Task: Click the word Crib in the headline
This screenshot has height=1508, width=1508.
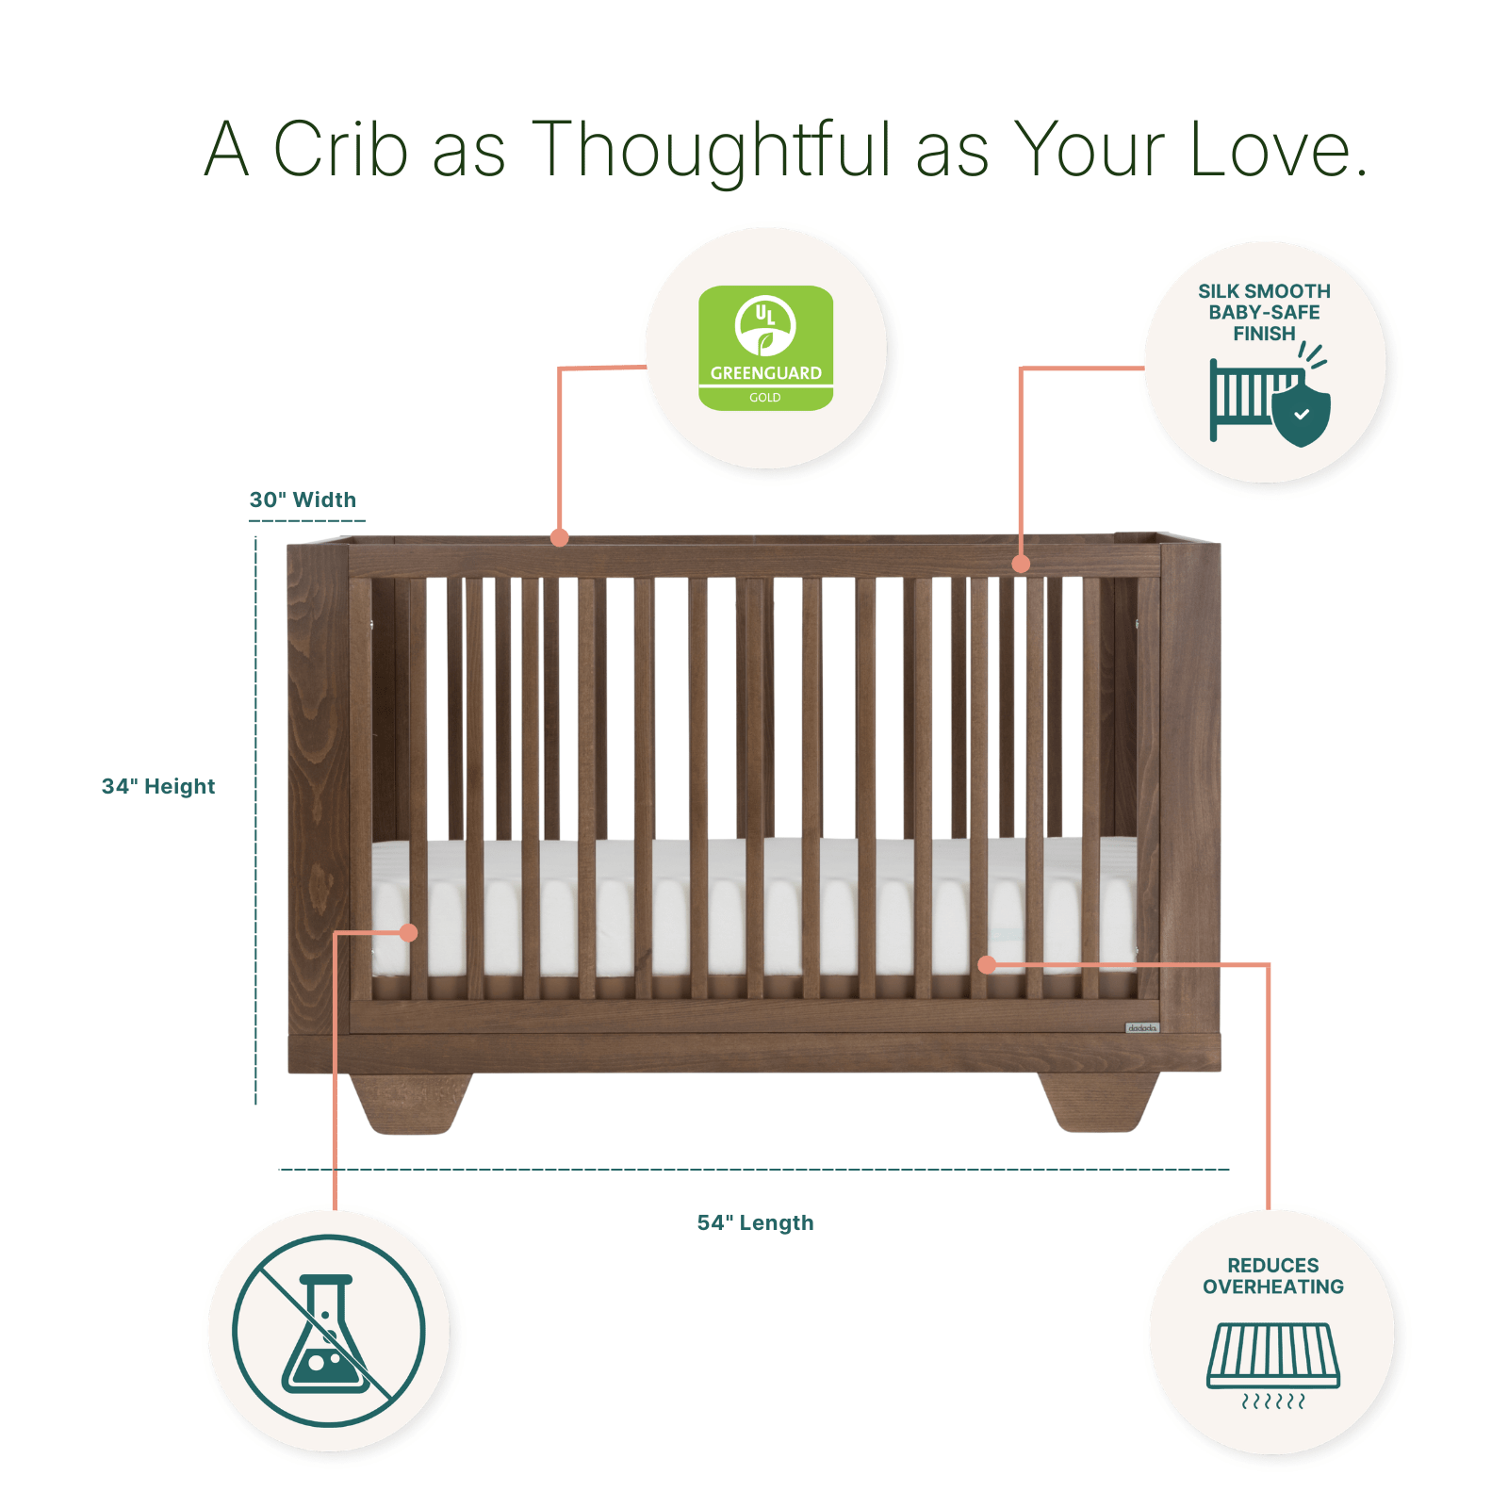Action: [x=340, y=149]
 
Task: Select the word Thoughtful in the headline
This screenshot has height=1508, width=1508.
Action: [x=711, y=149]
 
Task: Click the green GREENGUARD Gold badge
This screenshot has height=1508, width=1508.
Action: [x=765, y=348]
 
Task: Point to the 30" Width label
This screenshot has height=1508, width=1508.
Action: [x=303, y=500]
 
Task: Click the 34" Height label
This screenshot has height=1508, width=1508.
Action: [x=158, y=786]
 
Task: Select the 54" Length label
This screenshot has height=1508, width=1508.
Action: [x=755, y=1222]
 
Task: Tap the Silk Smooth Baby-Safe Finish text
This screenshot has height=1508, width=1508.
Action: [x=1264, y=312]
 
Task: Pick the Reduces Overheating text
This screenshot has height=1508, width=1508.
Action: [x=1272, y=1276]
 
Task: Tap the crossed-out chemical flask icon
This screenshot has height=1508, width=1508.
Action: [x=329, y=1331]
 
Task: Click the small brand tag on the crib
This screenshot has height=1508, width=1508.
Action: [x=1142, y=1027]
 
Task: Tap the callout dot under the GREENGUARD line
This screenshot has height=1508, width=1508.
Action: [x=560, y=538]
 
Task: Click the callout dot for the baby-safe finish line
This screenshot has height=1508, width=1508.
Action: [x=1021, y=564]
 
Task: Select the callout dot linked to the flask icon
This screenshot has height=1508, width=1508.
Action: [x=408, y=933]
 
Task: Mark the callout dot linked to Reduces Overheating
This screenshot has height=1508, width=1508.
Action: [x=987, y=964]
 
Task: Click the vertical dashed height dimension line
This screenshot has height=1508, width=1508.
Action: [x=255, y=820]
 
